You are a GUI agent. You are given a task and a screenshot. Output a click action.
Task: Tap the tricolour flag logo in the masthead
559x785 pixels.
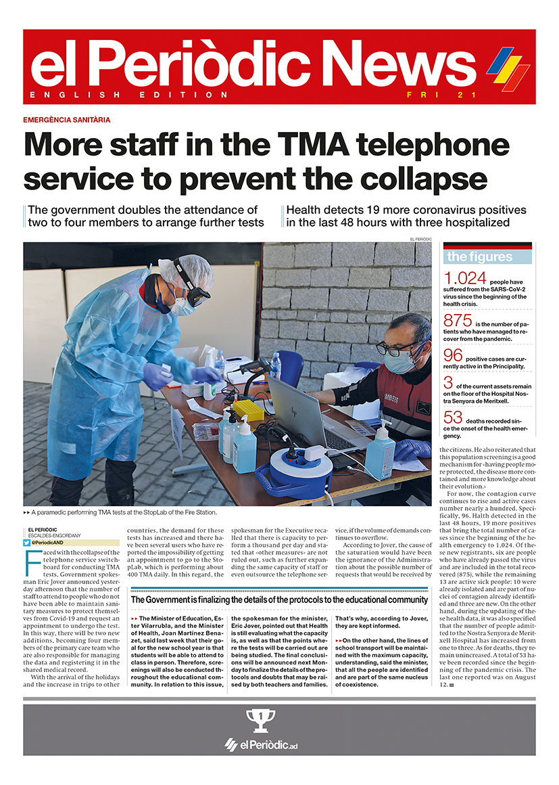[x=508, y=68]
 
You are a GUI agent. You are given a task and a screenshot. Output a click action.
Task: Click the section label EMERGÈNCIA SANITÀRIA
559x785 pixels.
[x=66, y=120]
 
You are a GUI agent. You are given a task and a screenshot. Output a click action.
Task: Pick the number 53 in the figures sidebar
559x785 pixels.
[x=452, y=418]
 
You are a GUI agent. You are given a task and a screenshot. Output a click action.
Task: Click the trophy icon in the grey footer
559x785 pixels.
[x=260, y=720]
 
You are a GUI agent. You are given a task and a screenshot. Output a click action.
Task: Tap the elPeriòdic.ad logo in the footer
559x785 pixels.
[x=261, y=745]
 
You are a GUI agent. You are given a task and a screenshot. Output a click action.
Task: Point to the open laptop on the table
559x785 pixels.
[x=303, y=414]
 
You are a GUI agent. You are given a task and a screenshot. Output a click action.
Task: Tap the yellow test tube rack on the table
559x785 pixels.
[x=248, y=409]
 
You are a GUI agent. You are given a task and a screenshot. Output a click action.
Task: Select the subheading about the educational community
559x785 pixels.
[x=278, y=600]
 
